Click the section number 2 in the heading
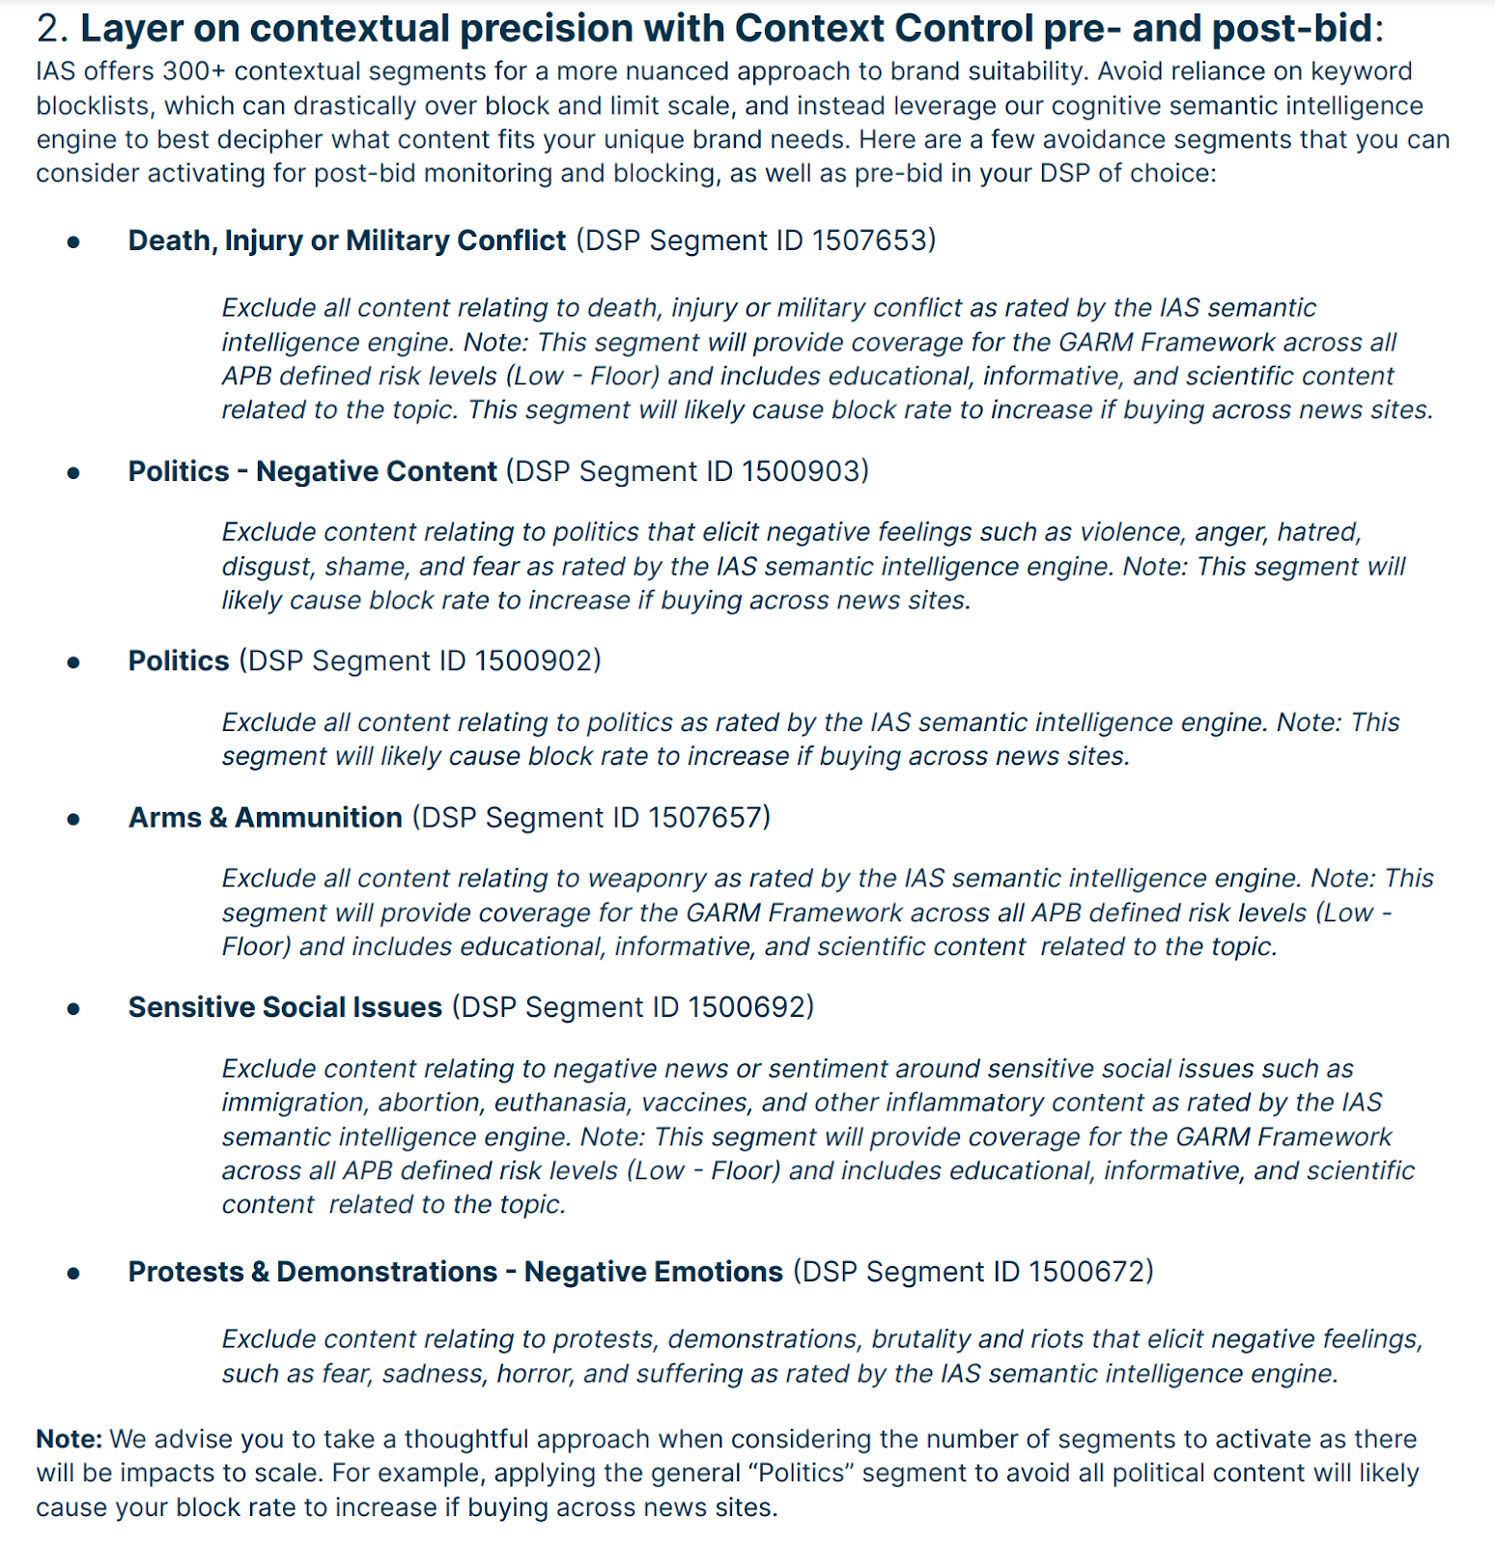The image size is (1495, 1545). pyautogui.click(x=48, y=29)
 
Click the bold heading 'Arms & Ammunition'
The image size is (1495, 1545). pyautogui.click(x=266, y=818)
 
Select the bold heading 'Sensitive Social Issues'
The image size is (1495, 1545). pyautogui.click(x=285, y=1007)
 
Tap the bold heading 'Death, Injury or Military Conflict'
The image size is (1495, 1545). pyautogui.click(x=347, y=240)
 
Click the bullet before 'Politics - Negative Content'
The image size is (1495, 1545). pyautogui.click(x=73, y=473)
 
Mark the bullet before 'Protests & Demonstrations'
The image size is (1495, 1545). pyautogui.click(x=73, y=1274)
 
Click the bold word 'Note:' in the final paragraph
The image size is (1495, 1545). pyautogui.click(x=70, y=1439)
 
